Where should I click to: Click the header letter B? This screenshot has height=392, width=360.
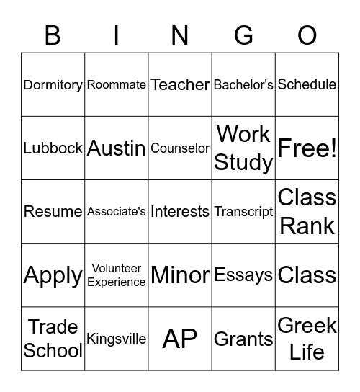(53, 35)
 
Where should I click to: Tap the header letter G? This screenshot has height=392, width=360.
(244, 35)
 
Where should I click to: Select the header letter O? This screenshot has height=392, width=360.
(307, 35)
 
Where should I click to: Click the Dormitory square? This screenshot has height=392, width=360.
(53, 84)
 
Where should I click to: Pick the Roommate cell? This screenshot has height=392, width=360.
(117, 84)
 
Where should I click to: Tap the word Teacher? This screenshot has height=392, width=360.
(180, 84)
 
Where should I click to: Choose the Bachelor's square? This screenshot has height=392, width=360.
(243, 84)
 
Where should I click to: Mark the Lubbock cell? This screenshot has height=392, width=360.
(53, 148)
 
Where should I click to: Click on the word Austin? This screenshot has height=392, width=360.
(117, 148)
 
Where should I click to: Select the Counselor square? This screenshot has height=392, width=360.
(180, 148)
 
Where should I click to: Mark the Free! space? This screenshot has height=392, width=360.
(307, 148)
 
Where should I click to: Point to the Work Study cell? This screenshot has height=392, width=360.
(243, 148)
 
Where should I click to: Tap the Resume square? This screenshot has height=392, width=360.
(53, 211)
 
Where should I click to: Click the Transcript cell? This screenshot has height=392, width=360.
(243, 211)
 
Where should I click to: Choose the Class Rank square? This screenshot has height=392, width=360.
(307, 211)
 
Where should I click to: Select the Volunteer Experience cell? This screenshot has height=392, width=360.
(117, 275)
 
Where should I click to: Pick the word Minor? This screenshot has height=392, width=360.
(180, 275)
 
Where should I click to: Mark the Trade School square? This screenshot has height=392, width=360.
(53, 338)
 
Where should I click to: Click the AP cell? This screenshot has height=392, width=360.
(180, 338)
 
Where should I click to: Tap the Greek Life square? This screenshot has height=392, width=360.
(307, 338)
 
